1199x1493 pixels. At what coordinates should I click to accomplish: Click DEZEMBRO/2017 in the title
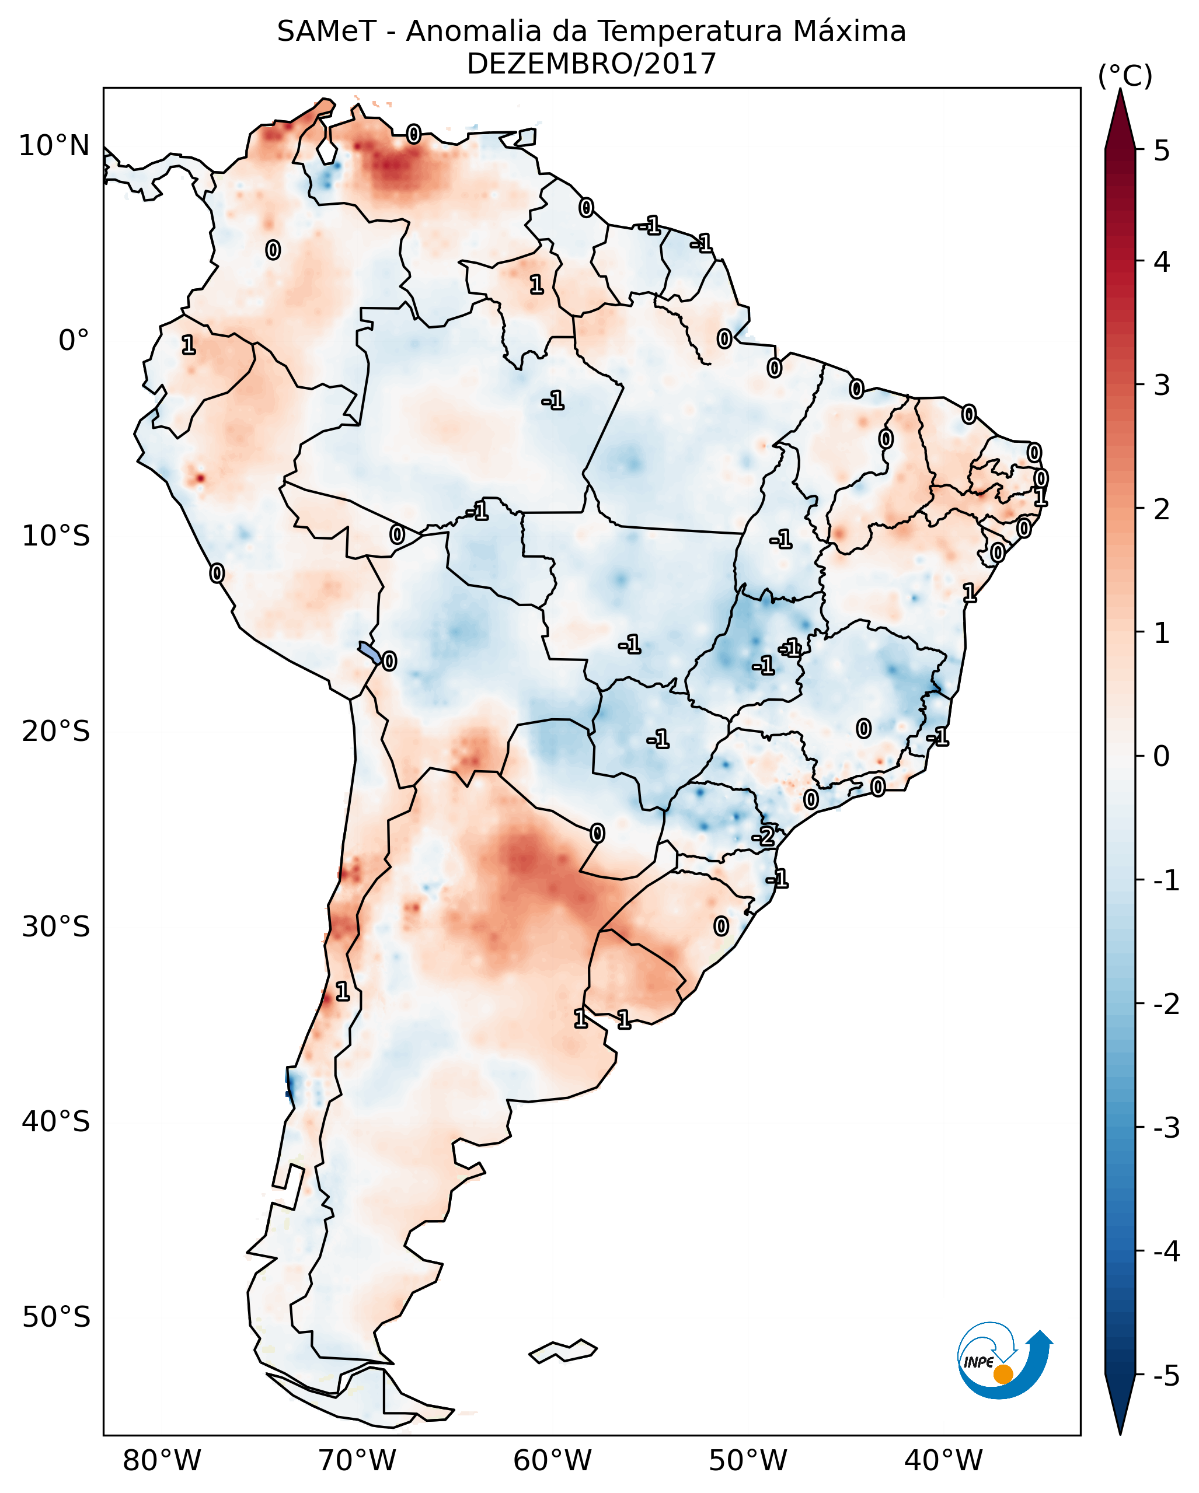(591, 64)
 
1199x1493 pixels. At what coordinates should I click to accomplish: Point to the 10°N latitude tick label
(54, 146)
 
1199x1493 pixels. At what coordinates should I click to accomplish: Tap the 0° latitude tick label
(74, 341)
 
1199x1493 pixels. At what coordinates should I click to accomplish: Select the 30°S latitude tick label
(55, 926)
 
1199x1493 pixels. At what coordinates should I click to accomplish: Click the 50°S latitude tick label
(55, 1317)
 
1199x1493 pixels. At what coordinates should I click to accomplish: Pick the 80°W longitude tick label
(161, 1460)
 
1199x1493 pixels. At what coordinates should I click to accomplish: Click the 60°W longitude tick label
(552, 1460)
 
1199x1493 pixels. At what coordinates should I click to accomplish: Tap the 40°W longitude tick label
(943, 1460)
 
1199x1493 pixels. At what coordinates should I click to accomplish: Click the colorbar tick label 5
(1162, 151)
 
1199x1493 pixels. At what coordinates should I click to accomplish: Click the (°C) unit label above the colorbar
(1125, 77)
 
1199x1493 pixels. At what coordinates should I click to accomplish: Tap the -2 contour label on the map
(764, 837)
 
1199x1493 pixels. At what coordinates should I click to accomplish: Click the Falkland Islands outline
(563, 1350)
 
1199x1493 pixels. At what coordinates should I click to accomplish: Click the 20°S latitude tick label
(55, 731)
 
